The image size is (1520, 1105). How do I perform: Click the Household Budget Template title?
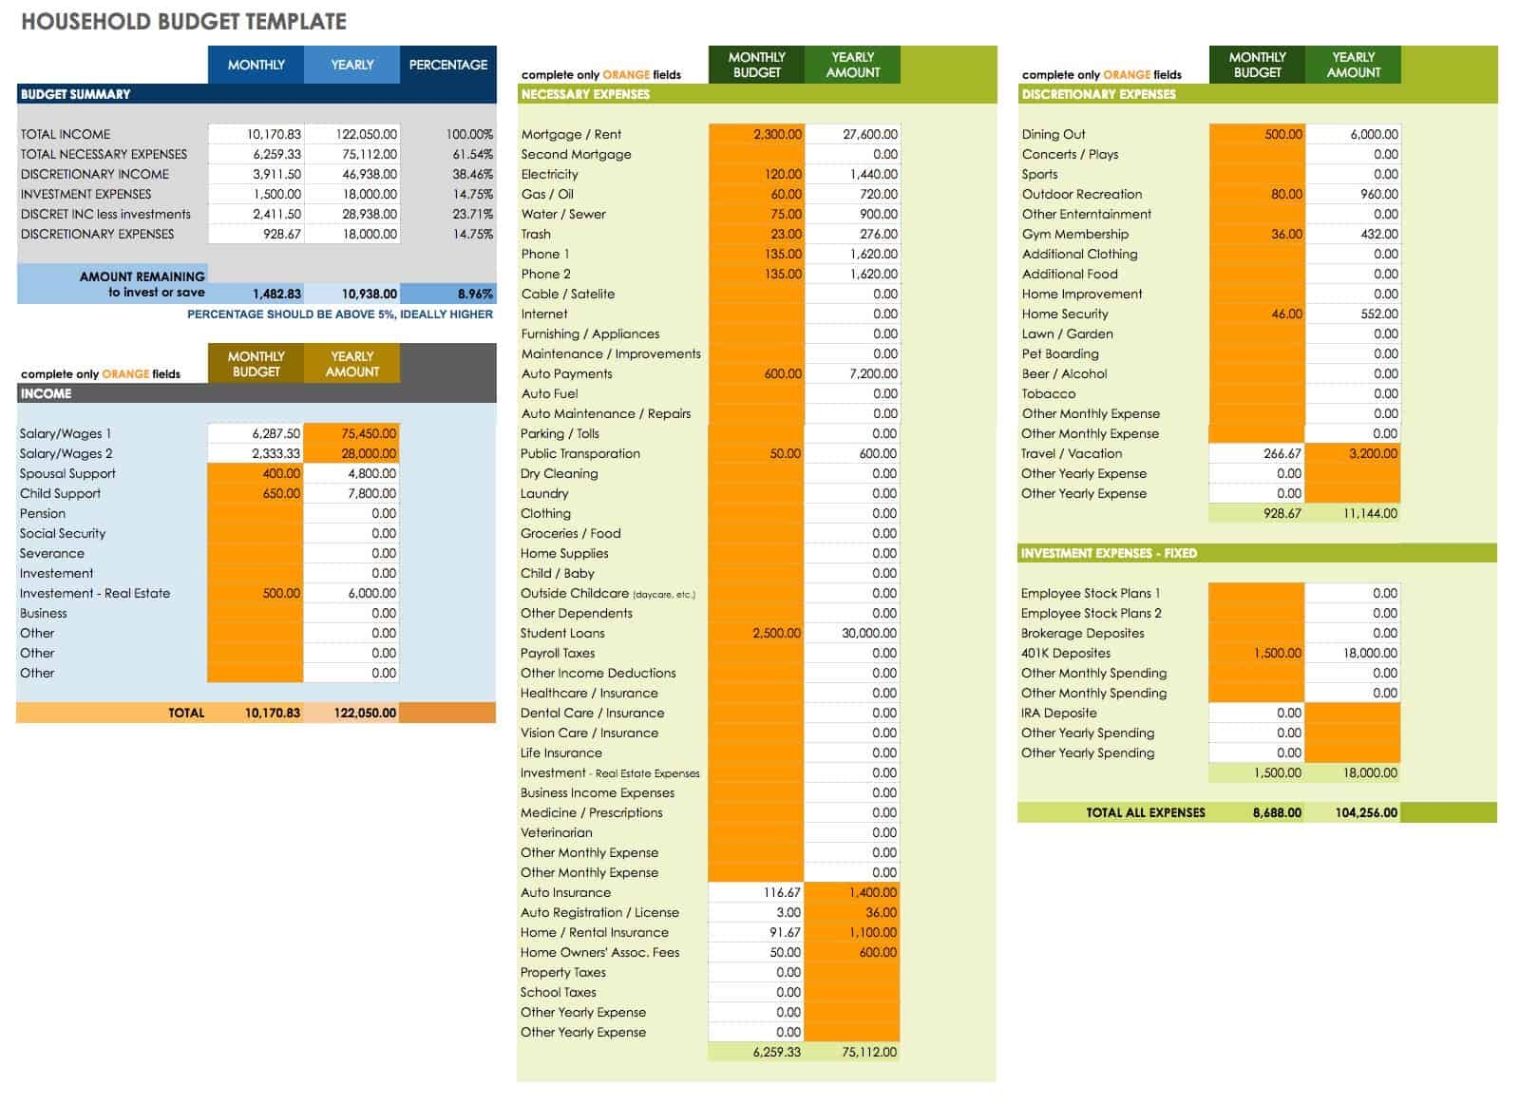click(183, 22)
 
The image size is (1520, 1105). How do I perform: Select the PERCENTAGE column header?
click(447, 65)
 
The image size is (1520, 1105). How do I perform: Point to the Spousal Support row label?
click(67, 473)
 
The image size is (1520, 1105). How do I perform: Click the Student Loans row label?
click(562, 633)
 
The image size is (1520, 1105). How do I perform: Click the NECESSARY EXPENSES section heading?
click(585, 94)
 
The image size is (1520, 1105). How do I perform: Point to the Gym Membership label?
click(1075, 234)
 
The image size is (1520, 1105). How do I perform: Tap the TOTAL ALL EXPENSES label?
click(1145, 812)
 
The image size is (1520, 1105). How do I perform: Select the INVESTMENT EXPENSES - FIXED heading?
click(1109, 553)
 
